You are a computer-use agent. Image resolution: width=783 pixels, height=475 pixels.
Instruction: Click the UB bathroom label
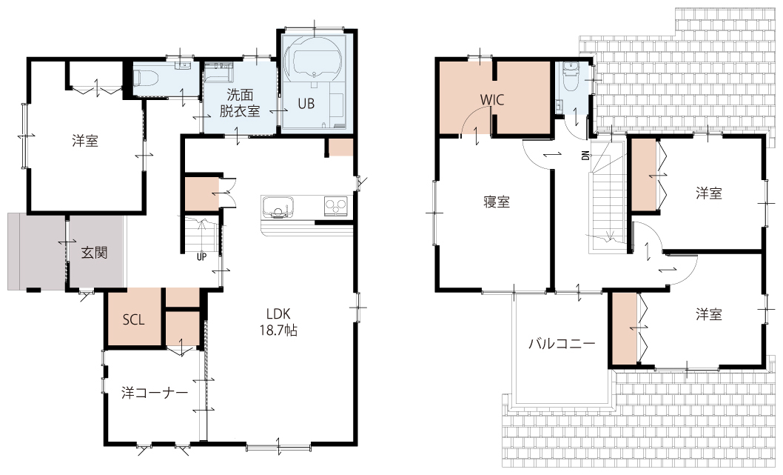pos(306,104)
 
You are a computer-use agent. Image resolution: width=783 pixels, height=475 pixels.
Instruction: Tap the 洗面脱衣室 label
pos(241,102)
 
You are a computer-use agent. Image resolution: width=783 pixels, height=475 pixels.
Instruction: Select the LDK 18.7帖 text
pos(278,322)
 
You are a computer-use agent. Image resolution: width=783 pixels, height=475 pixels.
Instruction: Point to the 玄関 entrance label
pos(95,253)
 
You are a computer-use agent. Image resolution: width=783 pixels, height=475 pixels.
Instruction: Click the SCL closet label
pos(134,319)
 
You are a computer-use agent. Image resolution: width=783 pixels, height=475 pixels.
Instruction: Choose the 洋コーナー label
pos(155,393)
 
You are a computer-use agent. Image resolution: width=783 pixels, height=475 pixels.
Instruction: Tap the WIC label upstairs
pos(492,99)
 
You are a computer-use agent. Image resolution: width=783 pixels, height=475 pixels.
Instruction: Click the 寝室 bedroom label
pos(497,202)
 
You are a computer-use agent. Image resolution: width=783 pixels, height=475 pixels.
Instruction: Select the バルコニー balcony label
pos(562,344)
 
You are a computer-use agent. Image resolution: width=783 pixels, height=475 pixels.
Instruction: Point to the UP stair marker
pos(202,257)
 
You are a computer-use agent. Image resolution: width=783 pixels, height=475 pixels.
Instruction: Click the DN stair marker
pos(585,156)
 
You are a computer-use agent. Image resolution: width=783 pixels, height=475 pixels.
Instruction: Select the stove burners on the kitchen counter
pos(335,205)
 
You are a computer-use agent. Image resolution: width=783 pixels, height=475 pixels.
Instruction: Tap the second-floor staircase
pos(607,195)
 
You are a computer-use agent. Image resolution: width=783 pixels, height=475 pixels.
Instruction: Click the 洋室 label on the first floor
pos(85,141)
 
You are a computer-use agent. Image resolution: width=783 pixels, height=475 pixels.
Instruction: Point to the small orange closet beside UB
pos(340,147)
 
